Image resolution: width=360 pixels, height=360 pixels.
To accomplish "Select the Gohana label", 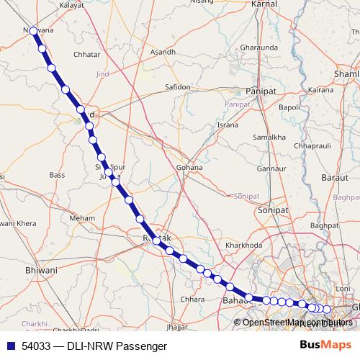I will [189, 168].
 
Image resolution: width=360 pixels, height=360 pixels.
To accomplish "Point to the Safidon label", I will [177, 87].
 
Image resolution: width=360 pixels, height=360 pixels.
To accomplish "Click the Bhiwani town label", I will [41, 270].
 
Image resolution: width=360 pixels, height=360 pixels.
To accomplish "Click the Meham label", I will [82, 217].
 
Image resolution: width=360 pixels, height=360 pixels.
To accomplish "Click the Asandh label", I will [162, 53].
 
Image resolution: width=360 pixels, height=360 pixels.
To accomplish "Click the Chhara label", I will [193, 299].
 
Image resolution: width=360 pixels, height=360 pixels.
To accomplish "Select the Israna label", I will [228, 125].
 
